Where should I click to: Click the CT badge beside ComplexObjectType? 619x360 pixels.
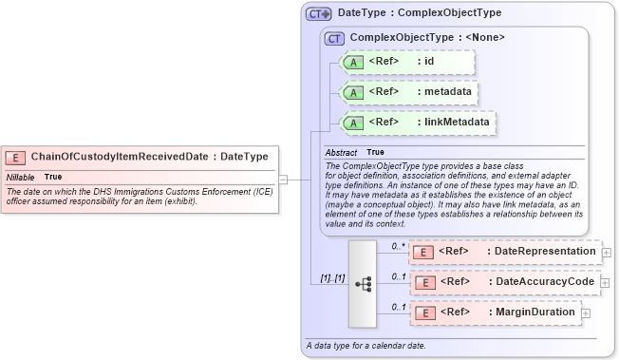(334, 38)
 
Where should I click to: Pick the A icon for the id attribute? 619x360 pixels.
(353, 62)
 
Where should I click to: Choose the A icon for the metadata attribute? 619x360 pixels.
(353, 92)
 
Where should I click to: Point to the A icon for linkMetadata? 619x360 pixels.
(353, 123)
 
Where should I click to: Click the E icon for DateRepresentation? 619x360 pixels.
(425, 251)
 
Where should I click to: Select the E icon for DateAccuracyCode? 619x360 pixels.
(425, 282)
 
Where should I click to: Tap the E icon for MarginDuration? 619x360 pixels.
(425, 313)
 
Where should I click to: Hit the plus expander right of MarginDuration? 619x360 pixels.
(586, 313)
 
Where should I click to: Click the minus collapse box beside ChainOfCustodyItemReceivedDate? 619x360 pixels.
(284, 178)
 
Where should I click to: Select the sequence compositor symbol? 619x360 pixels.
(363, 282)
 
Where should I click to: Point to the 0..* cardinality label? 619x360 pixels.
(400, 245)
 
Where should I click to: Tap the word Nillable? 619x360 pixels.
(21, 177)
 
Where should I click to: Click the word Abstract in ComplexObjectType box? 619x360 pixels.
(341, 152)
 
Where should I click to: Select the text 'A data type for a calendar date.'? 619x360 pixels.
(366, 345)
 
